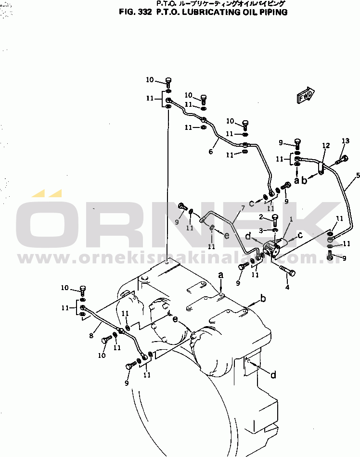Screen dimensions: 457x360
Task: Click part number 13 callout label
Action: click(x=345, y=141)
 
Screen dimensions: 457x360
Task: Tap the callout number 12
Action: click(x=326, y=145)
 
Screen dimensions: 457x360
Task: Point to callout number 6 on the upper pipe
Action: click(x=210, y=152)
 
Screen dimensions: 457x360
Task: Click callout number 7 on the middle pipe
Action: click(x=243, y=208)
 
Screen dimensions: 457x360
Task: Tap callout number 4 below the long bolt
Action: click(x=287, y=288)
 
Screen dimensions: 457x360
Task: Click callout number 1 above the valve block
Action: click(x=291, y=219)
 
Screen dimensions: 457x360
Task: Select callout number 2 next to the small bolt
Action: click(x=262, y=217)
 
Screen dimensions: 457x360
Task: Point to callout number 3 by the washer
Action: click(x=262, y=231)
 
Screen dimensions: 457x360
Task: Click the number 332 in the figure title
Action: click(x=144, y=13)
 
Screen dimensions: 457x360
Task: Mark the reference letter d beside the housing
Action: click(x=273, y=375)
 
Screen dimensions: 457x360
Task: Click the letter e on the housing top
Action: click(x=175, y=319)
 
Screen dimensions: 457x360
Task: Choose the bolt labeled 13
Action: click(x=343, y=159)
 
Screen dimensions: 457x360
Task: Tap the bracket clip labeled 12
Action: click(x=321, y=168)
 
